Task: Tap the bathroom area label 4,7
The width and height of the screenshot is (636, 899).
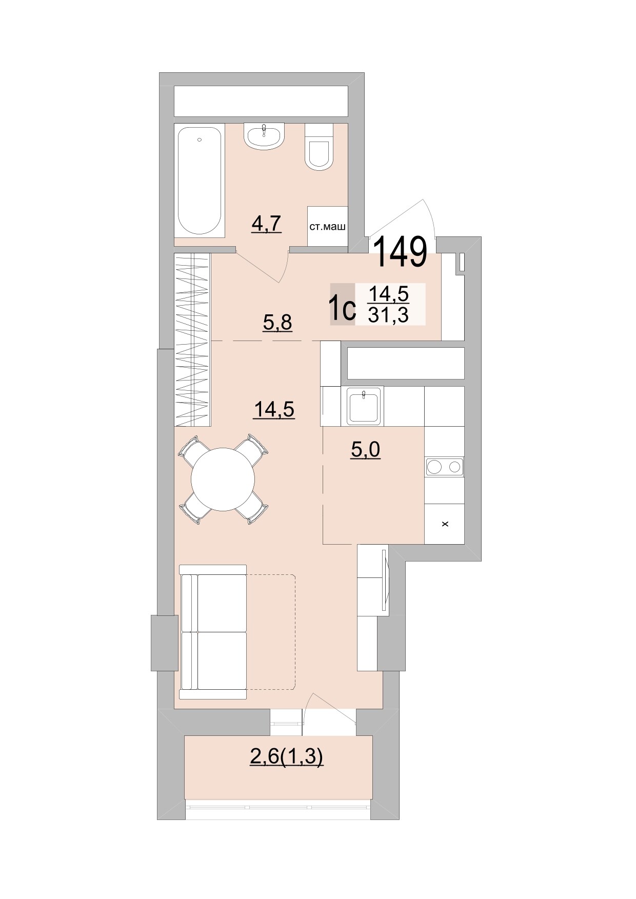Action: (266, 224)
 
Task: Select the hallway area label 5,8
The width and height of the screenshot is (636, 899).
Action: (277, 323)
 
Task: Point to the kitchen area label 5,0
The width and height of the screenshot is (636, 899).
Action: (365, 450)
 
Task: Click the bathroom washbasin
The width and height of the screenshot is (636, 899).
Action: (264, 136)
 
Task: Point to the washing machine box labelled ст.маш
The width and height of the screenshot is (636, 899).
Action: (327, 226)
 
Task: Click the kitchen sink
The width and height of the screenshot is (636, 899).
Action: (364, 406)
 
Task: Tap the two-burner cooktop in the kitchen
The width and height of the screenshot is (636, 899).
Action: (444, 467)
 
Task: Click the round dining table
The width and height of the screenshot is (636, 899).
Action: (223, 480)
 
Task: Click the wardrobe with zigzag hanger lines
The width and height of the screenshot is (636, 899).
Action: (193, 340)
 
